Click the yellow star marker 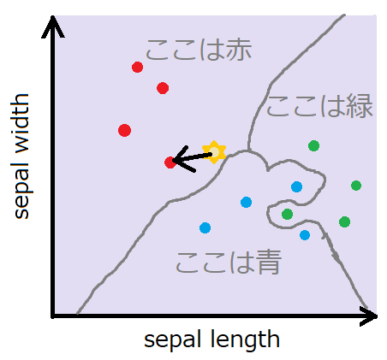(214, 152)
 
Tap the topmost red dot (137, 68)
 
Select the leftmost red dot (124, 131)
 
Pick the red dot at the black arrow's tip (170, 162)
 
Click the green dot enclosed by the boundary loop (287, 214)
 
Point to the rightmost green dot (356, 186)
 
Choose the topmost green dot (313, 146)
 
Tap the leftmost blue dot (205, 227)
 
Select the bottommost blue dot (305, 235)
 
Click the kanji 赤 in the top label (238, 50)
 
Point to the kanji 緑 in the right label (360, 106)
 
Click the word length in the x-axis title (245, 339)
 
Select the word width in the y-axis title (21, 123)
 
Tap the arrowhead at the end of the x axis (368, 316)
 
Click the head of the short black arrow (182, 159)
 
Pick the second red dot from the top (163, 88)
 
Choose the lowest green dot (344, 221)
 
